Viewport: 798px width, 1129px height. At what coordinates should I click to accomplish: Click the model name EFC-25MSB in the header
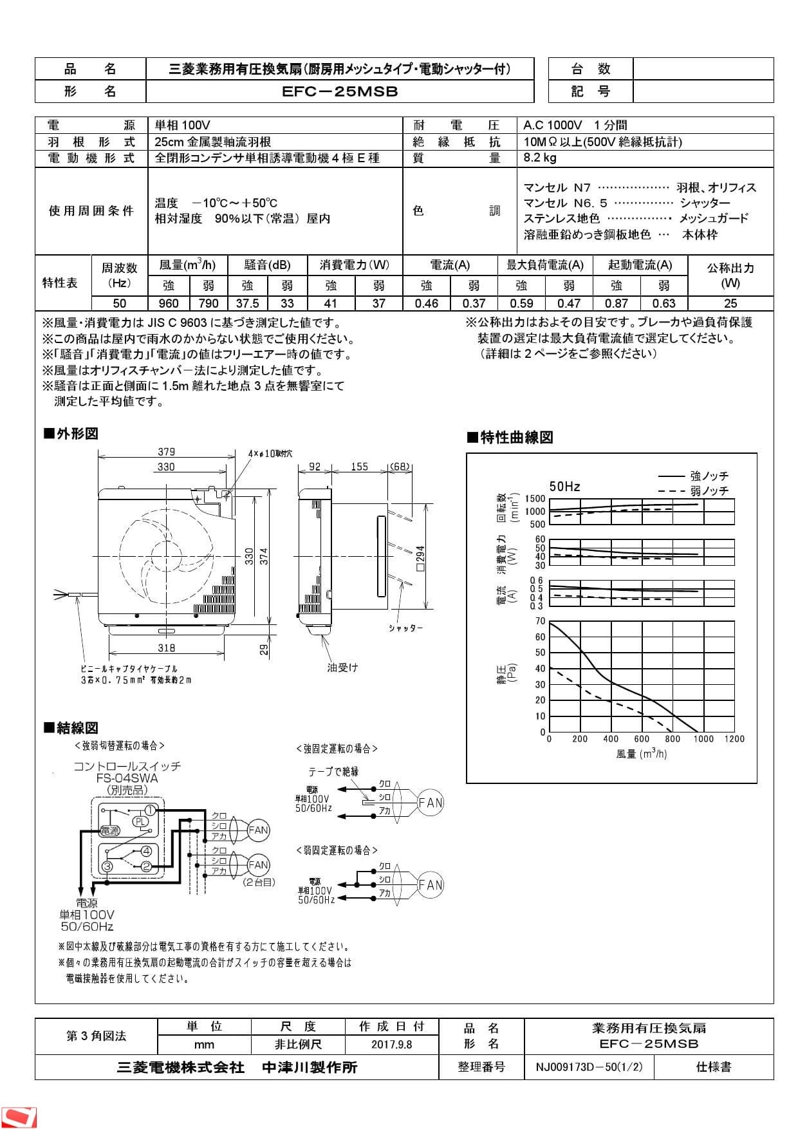(x=340, y=91)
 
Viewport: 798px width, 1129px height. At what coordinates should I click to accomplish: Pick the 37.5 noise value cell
(x=247, y=303)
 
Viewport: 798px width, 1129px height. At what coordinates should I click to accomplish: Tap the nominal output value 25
(x=730, y=303)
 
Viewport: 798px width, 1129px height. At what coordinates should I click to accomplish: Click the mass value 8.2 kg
(x=540, y=158)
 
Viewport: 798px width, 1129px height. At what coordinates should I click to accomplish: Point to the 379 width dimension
(x=166, y=452)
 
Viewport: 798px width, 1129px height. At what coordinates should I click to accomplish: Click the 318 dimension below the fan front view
(x=166, y=648)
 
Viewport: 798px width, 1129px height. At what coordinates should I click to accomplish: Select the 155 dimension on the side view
(x=359, y=467)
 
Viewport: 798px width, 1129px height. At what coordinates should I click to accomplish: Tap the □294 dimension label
(x=420, y=559)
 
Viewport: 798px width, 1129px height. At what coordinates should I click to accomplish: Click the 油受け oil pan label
(x=342, y=667)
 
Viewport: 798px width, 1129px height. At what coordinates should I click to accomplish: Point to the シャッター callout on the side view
(x=405, y=628)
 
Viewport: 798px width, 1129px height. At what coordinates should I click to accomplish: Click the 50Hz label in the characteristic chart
(x=564, y=487)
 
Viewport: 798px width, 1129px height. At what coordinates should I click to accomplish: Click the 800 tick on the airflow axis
(x=673, y=739)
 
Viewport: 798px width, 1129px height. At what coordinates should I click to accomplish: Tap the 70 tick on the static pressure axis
(x=540, y=621)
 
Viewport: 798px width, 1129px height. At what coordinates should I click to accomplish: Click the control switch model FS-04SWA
(x=127, y=778)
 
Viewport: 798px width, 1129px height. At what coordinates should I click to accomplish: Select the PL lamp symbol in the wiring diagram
(x=140, y=821)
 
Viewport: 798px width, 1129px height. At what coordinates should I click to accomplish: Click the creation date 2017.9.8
(x=391, y=1044)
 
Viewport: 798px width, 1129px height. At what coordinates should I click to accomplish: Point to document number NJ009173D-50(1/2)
(x=589, y=1067)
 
